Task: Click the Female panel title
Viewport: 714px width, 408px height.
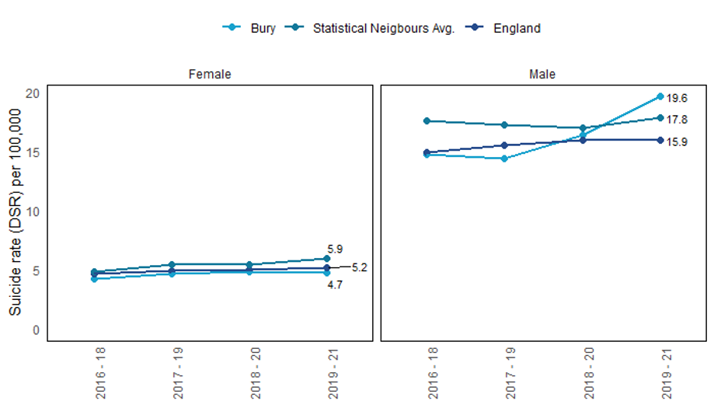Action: pos(210,75)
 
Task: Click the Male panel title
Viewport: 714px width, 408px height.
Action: pos(542,75)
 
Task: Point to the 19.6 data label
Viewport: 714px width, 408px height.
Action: pos(677,98)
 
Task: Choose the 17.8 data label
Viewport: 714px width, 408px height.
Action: pos(677,120)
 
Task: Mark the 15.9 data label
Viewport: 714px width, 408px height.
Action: pos(677,141)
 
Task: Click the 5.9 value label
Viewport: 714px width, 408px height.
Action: pos(335,249)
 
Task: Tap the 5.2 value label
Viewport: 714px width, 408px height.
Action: pos(359,267)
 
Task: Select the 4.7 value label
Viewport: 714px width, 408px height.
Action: pos(335,285)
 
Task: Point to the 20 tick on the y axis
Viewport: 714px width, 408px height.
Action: pos(32,93)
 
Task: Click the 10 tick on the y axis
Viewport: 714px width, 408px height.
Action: pos(32,211)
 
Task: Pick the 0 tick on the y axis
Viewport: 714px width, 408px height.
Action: pos(35,330)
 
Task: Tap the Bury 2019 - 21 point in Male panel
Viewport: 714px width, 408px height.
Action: pos(660,96)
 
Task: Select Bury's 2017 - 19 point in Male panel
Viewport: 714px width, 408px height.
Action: pos(504,159)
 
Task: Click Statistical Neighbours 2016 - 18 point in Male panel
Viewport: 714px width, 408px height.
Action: pos(427,121)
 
